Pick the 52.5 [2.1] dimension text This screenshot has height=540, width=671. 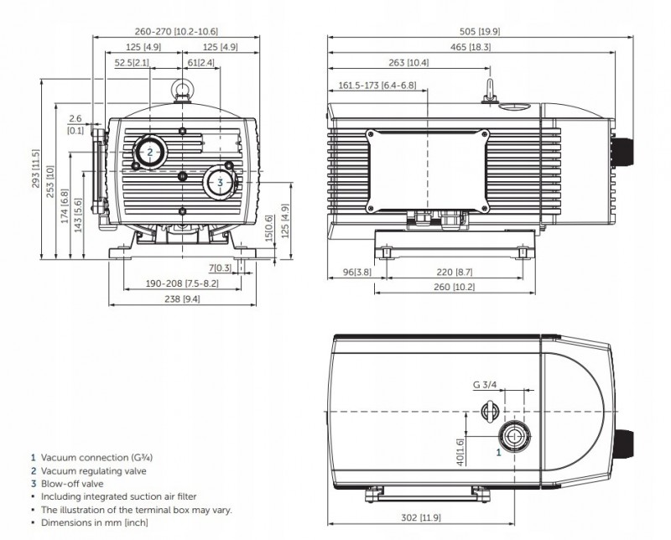[127, 63]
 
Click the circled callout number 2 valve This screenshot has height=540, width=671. [149, 152]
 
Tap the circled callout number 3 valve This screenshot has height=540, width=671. [219, 182]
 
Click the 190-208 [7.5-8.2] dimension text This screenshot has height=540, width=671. [182, 283]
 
